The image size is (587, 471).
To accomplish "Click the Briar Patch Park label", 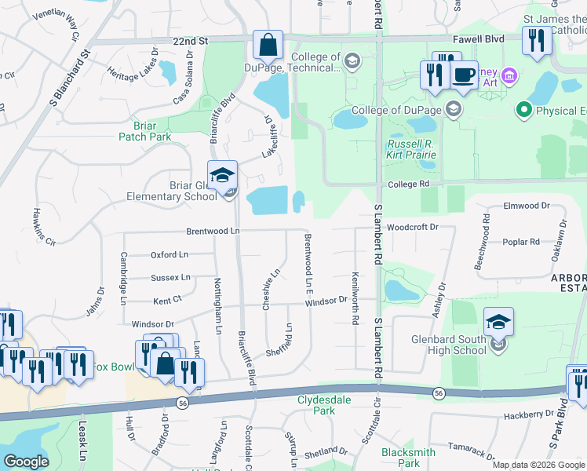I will click(144, 130).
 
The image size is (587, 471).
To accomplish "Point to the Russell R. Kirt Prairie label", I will click(411, 149).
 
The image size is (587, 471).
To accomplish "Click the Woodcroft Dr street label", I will click(410, 226).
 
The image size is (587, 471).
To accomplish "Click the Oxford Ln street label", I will click(170, 254).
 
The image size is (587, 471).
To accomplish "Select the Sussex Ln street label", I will click(171, 277).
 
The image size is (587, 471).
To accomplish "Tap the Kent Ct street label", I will click(167, 300).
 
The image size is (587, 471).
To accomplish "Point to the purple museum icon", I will click(509, 76).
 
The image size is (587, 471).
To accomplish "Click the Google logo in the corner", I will click(26, 462).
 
